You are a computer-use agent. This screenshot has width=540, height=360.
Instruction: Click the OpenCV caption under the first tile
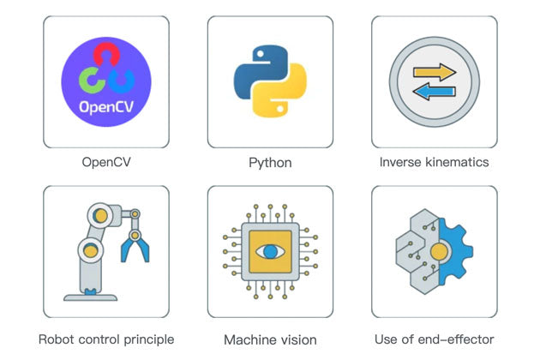(105, 161)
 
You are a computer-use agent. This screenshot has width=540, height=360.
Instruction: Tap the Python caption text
(270, 162)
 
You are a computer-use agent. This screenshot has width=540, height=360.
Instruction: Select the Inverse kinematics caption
(434, 161)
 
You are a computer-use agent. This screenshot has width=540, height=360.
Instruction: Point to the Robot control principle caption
(106, 339)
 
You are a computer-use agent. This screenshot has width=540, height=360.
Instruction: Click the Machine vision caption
(270, 340)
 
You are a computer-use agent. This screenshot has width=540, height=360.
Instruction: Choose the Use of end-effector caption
(434, 339)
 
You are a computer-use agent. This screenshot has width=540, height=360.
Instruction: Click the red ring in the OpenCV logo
(105, 56)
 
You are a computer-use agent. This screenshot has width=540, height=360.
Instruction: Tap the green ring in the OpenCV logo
(90, 80)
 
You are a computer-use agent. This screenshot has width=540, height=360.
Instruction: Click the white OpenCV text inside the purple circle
(105, 109)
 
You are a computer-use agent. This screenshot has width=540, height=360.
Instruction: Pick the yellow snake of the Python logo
(284, 95)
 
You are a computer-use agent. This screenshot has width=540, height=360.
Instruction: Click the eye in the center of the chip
(270, 252)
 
